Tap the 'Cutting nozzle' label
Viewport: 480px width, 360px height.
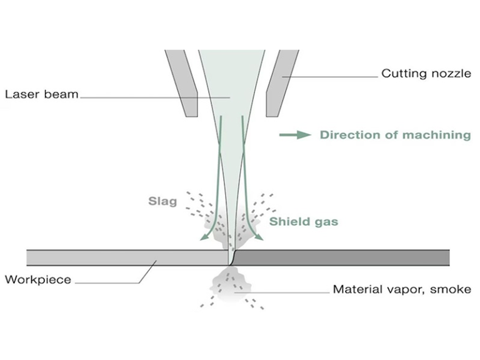click(x=426, y=74)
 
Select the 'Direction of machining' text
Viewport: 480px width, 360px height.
click(x=395, y=134)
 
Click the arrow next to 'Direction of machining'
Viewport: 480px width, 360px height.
click(x=294, y=134)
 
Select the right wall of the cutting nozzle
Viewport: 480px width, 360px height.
click(x=278, y=81)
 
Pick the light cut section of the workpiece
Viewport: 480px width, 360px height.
click(x=125, y=257)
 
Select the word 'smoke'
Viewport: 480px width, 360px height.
click(x=453, y=289)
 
